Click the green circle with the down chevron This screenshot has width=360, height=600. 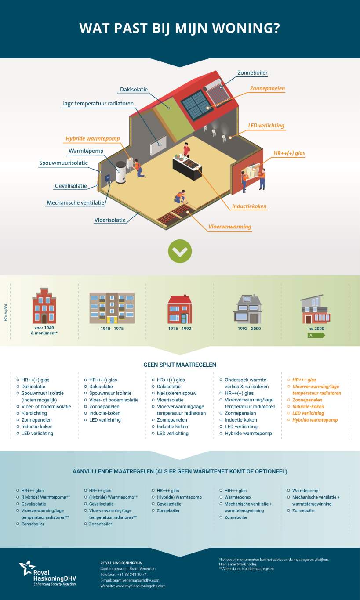pos(180,251)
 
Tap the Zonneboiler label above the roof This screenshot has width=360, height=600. pos(252,73)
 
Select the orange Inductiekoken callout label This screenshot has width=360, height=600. pos(249,206)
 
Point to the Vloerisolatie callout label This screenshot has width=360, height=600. pos(110,220)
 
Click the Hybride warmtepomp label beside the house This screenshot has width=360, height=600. pos(93,138)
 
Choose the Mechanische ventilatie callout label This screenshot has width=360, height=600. pos(76,203)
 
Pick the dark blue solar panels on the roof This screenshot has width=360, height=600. pos(195,105)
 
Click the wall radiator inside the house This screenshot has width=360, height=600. pos(158,145)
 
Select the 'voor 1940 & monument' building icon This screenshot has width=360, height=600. pos(44,306)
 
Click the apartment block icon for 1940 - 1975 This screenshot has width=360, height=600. pos(112,308)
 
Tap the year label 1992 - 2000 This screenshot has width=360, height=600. pos(249,329)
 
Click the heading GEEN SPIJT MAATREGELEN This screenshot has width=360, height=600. pos(180,365)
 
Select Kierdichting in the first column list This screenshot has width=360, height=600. pos(34,413)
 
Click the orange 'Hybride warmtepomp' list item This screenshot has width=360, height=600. pos(315,420)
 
